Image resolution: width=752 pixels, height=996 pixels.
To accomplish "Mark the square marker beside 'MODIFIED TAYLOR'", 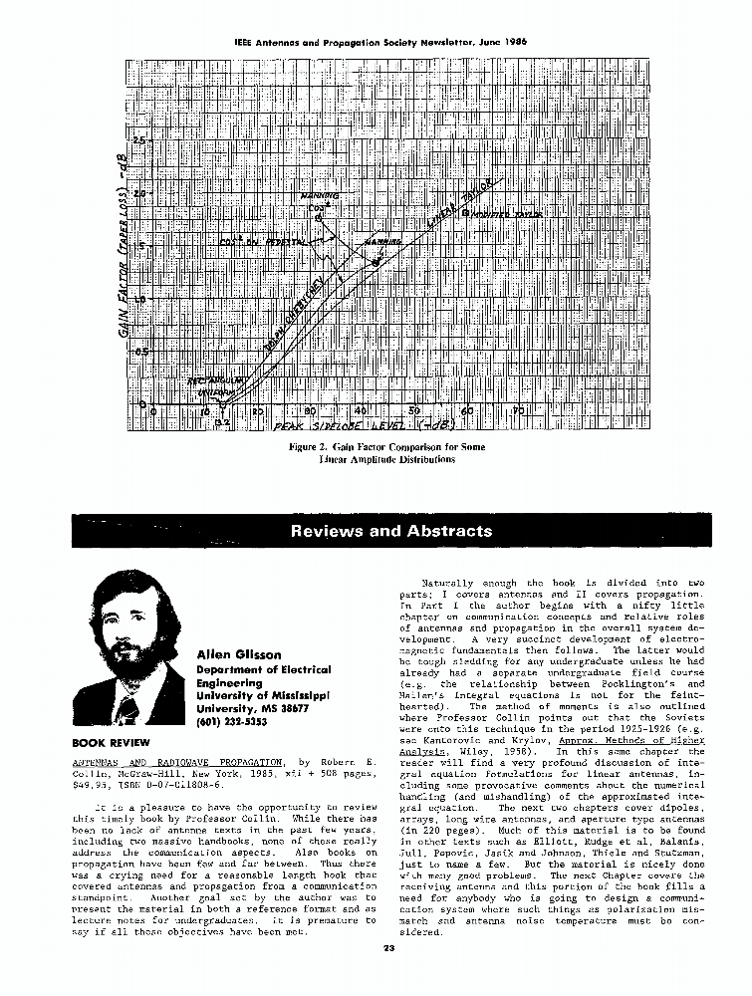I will click(463, 212).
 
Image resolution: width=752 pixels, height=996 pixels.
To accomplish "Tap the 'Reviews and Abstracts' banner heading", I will click(391, 531).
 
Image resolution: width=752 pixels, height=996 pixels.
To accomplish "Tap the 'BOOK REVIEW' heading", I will click(111, 742).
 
